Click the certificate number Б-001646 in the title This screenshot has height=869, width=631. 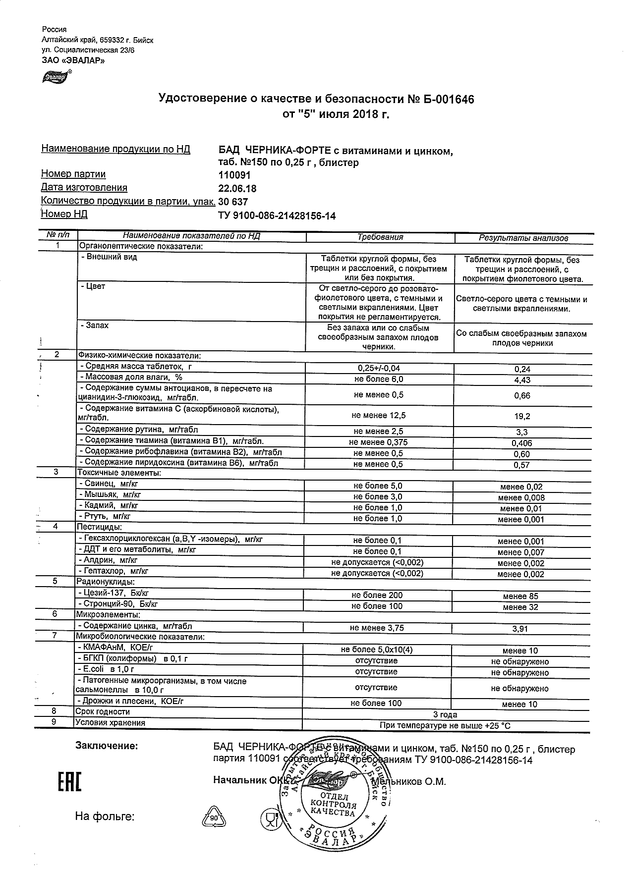pyautogui.click(x=442, y=100)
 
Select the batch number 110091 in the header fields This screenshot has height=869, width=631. pyautogui.click(x=234, y=175)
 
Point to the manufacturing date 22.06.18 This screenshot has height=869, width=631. pyautogui.click(x=237, y=188)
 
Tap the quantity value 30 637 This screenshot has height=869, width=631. pyautogui.click(x=233, y=202)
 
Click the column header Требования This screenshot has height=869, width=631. pyautogui.click(x=380, y=237)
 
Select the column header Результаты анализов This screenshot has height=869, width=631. pyautogui.click(x=523, y=238)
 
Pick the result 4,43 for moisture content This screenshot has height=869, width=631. pyautogui.click(x=522, y=380)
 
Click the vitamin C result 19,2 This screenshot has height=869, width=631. pyautogui.click(x=522, y=417)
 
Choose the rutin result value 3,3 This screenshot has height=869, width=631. pyautogui.click(x=522, y=432)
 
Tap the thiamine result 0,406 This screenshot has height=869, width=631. pyautogui.click(x=522, y=443)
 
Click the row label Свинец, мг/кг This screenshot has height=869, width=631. pyautogui.click(x=105, y=484)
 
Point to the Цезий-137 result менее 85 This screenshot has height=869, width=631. pyautogui.click(x=520, y=597)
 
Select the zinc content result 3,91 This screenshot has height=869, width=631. pyautogui.click(x=520, y=629)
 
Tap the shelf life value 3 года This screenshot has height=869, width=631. pyautogui.click(x=445, y=714)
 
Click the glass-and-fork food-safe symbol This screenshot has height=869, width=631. pyautogui.click(x=271, y=818)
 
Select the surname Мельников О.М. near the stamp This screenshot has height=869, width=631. pyautogui.click(x=409, y=782)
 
